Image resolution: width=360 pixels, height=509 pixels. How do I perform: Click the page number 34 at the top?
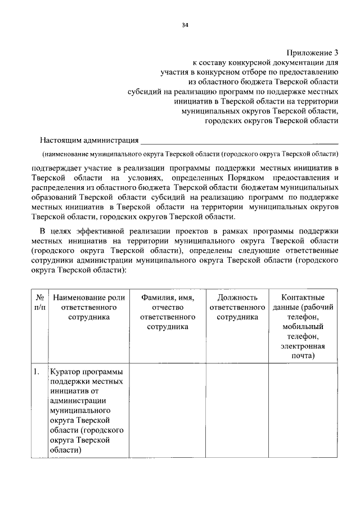tap(185, 25)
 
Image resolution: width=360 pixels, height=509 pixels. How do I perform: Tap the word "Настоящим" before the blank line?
tap(61, 139)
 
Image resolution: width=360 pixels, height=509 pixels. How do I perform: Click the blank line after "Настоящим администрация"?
tap(239, 141)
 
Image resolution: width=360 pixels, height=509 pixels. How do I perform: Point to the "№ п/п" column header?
tap(40, 302)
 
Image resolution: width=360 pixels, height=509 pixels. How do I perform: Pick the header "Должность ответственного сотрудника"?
tap(237, 307)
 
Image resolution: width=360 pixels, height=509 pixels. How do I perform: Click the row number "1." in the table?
tap(36, 371)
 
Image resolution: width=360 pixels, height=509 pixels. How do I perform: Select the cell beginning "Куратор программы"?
tap(89, 411)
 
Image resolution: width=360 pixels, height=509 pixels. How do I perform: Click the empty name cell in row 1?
tap(168, 411)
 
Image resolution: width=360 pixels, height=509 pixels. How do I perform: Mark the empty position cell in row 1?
tap(237, 411)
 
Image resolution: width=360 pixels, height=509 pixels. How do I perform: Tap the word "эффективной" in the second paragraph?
tap(97, 231)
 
